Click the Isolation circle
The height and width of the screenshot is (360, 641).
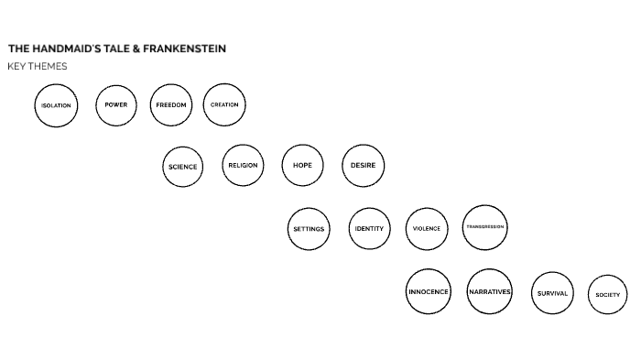(56, 105)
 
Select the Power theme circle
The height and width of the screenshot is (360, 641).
(116, 104)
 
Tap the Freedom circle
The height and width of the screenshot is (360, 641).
(170, 104)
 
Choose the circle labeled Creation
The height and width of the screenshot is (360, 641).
(224, 104)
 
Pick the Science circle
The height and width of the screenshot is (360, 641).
(182, 167)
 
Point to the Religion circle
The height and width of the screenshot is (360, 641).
(243, 166)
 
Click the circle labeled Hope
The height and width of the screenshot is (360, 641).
(302, 166)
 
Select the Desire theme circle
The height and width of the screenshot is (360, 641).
(364, 166)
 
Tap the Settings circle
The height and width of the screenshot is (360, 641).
(309, 229)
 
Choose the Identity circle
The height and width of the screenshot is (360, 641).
(369, 229)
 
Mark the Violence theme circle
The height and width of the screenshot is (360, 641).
(426, 229)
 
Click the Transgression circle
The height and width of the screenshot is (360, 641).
(484, 227)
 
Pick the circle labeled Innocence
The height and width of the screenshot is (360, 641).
(429, 291)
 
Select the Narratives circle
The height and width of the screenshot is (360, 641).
(489, 291)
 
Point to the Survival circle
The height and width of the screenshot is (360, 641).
(552, 293)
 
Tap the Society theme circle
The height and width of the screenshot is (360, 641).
(607, 294)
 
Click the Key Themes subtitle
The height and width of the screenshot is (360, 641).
(37, 66)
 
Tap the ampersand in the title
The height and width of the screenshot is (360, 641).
(136, 49)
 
